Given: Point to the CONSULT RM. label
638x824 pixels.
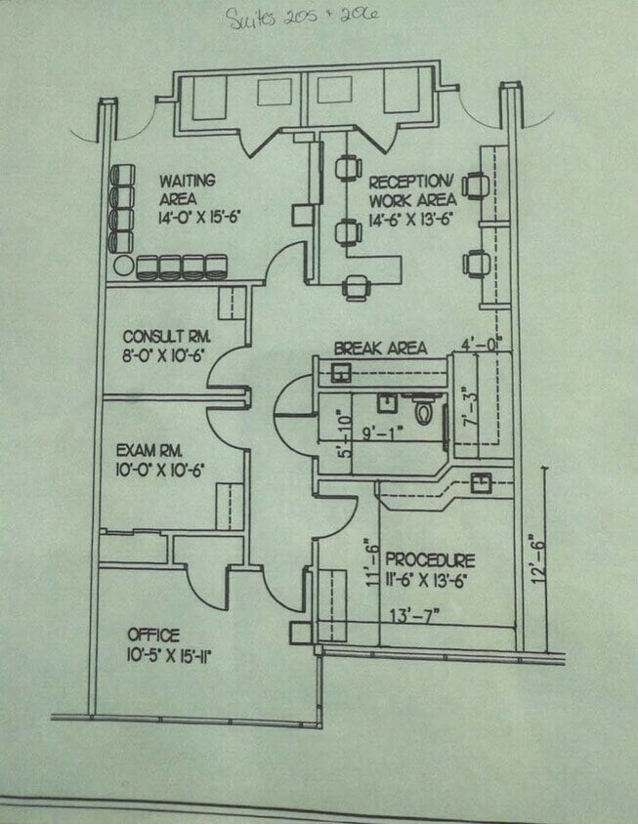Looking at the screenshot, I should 167,338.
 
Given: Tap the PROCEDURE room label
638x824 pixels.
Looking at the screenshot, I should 430,560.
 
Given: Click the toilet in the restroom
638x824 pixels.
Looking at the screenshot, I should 424,411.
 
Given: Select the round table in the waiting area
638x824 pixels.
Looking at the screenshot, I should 122,266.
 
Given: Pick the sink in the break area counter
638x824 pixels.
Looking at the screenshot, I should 341,371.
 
